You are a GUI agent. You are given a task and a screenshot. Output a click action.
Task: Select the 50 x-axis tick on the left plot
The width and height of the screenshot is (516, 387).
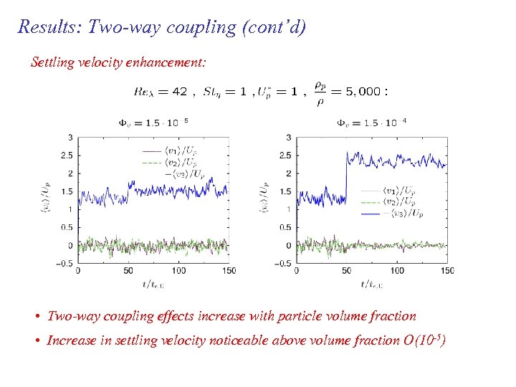[x=128, y=271]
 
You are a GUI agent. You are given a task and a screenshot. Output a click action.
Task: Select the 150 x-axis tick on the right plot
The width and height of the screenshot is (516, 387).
[x=446, y=271]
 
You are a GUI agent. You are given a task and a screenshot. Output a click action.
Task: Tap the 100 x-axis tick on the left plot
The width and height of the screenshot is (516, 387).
[x=178, y=271]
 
